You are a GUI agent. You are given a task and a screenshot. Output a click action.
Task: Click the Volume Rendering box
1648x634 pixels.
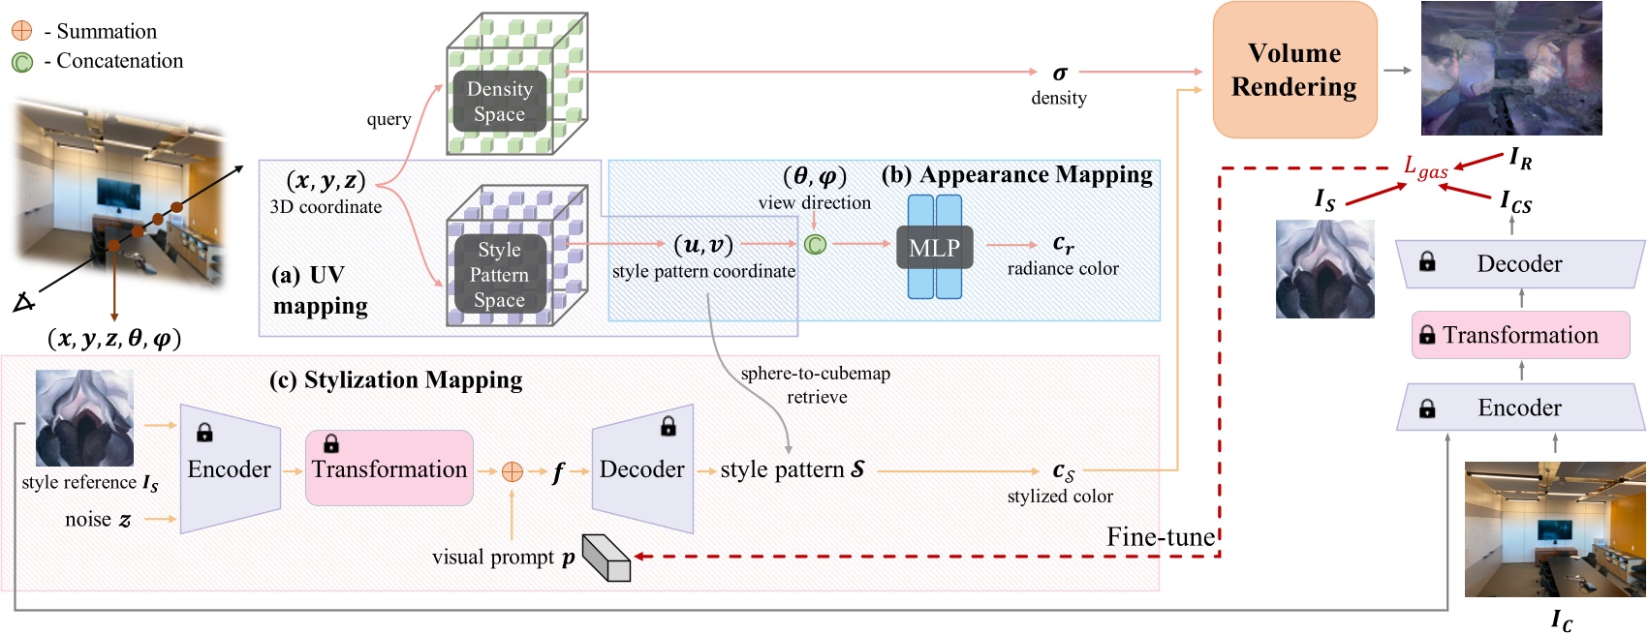pyautogui.click(x=1293, y=70)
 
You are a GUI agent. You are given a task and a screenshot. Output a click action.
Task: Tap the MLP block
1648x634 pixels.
pyautogui.click(x=934, y=248)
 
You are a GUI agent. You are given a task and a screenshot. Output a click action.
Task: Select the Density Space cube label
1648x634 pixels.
pyautogui.click(x=499, y=101)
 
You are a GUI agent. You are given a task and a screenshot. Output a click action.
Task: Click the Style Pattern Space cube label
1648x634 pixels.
pyautogui.click(x=499, y=274)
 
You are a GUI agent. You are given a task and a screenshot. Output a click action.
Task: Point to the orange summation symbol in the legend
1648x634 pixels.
pyautogui.click(x=21, y=31)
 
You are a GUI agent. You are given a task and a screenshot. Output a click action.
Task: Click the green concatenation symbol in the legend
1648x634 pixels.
pyautogui.click(x=21, y=62)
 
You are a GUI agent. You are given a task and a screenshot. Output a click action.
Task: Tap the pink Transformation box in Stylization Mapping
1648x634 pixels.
pyautogui.click(x=389, y=468)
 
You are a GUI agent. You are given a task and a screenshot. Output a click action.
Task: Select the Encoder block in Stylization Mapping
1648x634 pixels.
pyautogui.click(x=230, y=468)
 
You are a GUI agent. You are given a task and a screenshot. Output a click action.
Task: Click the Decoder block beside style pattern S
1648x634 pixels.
pyautogui.click(x=641, y=468)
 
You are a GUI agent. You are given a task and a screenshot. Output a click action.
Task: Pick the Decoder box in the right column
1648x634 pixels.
pyautogui.click(x=1519, y=264)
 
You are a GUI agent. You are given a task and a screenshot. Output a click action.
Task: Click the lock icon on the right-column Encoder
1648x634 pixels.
pyautogui.click(x=1427, y=408)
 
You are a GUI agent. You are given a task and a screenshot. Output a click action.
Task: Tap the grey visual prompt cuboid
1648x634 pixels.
pyautogui.click(x=606, y=558)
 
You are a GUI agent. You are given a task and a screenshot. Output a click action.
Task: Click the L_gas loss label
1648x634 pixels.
pyautogui.click(x=1425, y=167)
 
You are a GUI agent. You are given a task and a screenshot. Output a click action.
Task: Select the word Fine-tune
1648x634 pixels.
pyautogui.click(x=1161, y=537)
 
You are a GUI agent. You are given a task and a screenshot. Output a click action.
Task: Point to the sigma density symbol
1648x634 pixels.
pyautogui.click(x=1059, y=73)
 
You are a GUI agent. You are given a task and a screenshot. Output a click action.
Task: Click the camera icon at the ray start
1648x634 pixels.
pyautogui.click(x=23, y=303)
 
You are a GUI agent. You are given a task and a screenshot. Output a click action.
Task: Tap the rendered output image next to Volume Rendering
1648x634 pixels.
pyautogui.click(x=1510, y=68)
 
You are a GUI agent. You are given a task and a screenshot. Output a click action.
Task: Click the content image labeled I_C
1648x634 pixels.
pyautogui.click(x=1554, y=529)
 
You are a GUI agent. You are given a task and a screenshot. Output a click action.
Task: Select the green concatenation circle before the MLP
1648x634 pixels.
pyautogui.click(x=815, y=244)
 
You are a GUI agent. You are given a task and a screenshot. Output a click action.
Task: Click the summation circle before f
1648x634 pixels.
pyautogui.click(x=512, y=471)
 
